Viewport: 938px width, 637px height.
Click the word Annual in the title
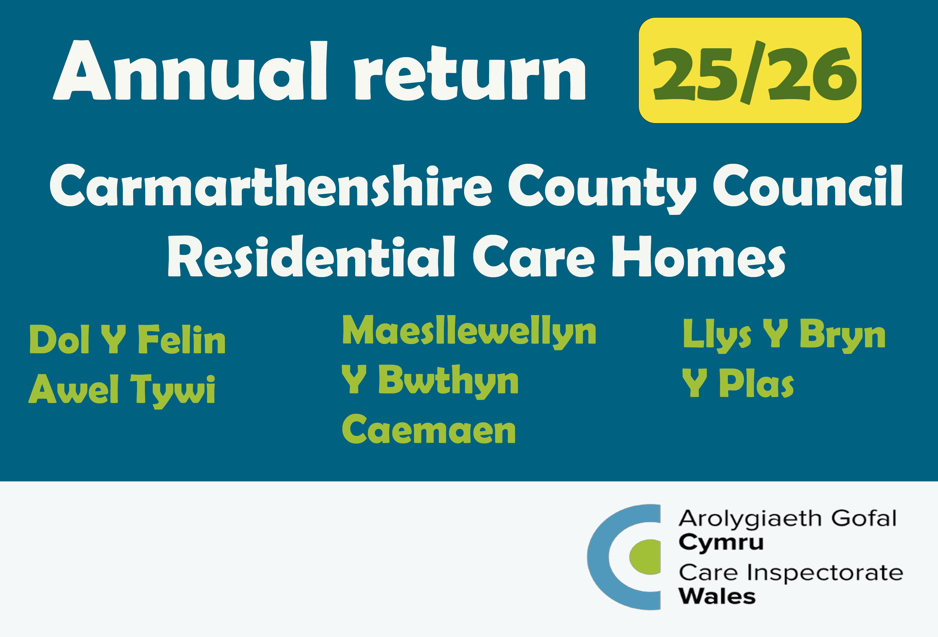click(190, 70)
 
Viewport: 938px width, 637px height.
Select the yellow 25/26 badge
click(750, 70)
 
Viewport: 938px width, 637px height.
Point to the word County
click(602, 189)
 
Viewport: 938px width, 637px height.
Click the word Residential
click(311, 257)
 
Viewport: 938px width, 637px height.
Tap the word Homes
click(699, 257)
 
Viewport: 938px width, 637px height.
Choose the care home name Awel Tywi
click(122, 390)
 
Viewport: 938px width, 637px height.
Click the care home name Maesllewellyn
click(469, 332)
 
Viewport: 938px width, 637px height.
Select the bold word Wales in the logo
click(717, 596)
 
